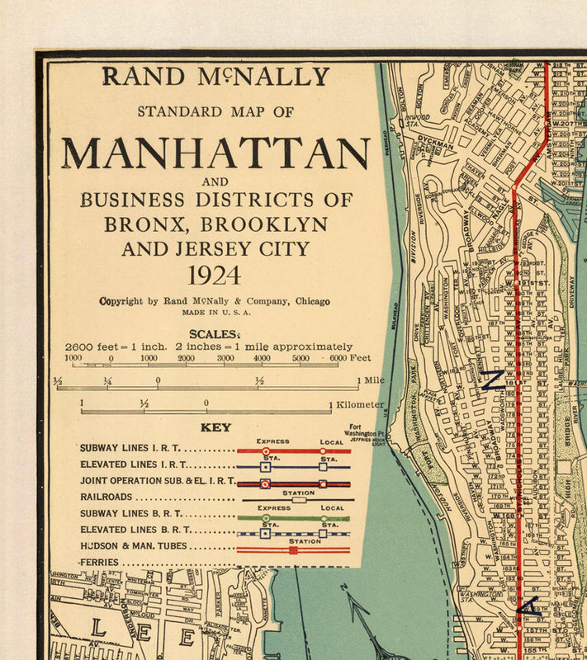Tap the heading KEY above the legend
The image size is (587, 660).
click(x=215, y=427)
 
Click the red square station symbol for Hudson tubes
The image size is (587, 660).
click(x=293, y=549)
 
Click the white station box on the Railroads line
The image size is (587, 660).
click(x=299, y=499)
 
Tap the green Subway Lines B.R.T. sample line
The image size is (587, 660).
click(x=293, y=518)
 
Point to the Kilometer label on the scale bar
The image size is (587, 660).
click(x=360, y=404)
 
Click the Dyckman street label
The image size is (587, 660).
click(x=434, y=141)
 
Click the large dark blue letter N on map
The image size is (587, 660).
click(x=493, y=379)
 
